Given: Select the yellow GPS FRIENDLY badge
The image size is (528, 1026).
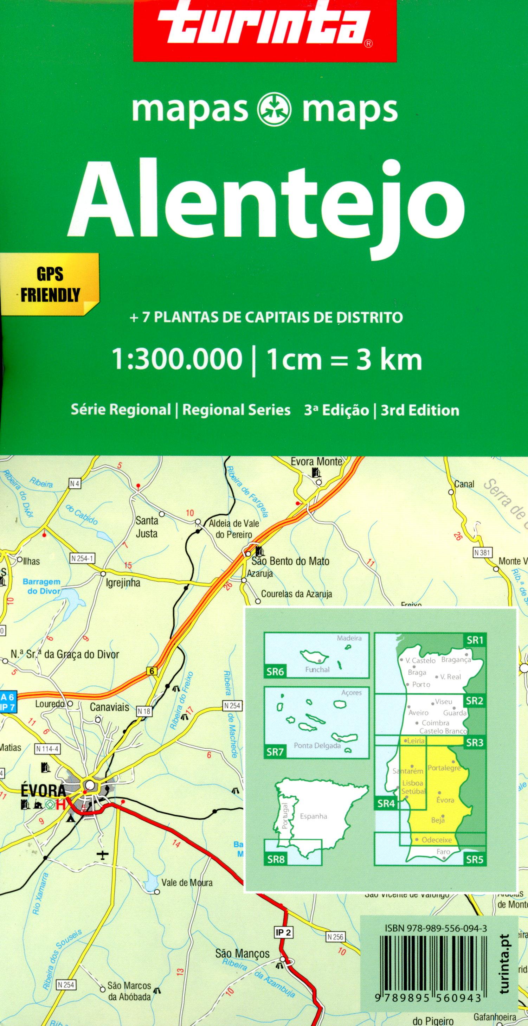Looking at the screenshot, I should [50, 284].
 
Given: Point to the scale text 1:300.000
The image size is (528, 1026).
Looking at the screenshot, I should [178, 360].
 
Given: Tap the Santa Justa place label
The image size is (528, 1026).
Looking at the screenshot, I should [147, 527].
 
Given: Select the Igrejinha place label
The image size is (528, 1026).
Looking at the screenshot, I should [123, 583].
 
